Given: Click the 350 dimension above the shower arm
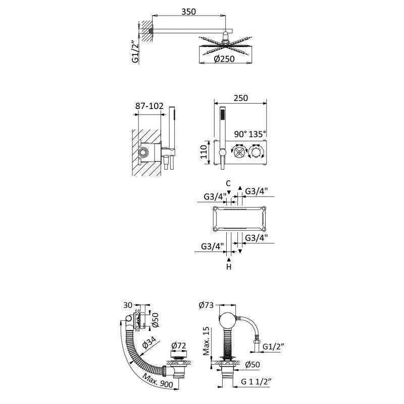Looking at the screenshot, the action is (188, 12).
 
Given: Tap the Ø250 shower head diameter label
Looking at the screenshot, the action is (224, 59).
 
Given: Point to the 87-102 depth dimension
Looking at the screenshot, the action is (149, 106).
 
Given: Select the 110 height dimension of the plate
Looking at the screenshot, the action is (204, 151).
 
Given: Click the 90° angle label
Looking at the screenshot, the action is (241, 134).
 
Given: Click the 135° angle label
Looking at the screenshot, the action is (258, 134).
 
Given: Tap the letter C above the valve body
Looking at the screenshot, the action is (228, 183).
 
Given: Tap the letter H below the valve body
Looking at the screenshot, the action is (229, 267).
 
